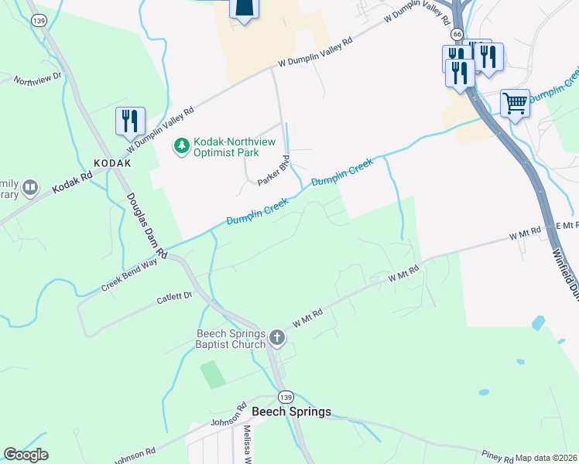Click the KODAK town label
point(112,164)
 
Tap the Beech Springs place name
point(291,411)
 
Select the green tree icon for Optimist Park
point(181,145)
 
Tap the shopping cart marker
point(515,102)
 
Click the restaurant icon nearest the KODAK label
point(128,121)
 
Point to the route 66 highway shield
point(457,35)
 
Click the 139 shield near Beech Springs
point(286,397)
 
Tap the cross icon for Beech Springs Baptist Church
point(277,337)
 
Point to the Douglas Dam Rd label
point(146,224)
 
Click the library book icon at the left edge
point(30,187)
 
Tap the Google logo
point(26,455)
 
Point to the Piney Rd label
point(492,455)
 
